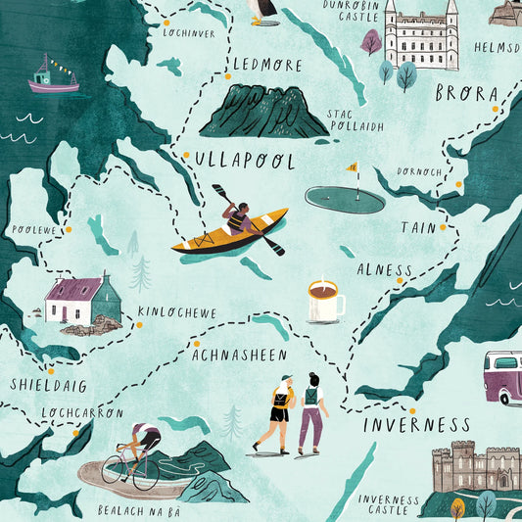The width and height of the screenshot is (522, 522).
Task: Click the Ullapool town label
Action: click(244, 160)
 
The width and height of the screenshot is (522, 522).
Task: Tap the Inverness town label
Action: click(417, 425)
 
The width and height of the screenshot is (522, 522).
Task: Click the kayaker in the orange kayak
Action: click(235, 221)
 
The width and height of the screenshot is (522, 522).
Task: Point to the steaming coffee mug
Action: click(323, 302)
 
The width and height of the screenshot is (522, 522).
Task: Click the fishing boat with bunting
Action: click(53, 75)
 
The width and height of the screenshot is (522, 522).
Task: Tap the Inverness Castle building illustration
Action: click(475, 469)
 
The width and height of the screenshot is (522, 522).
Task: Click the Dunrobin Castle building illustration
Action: click(421, 37)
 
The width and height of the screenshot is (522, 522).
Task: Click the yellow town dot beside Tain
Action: click(443, 226)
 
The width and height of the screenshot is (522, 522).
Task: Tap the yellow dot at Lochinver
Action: click(165, 22)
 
